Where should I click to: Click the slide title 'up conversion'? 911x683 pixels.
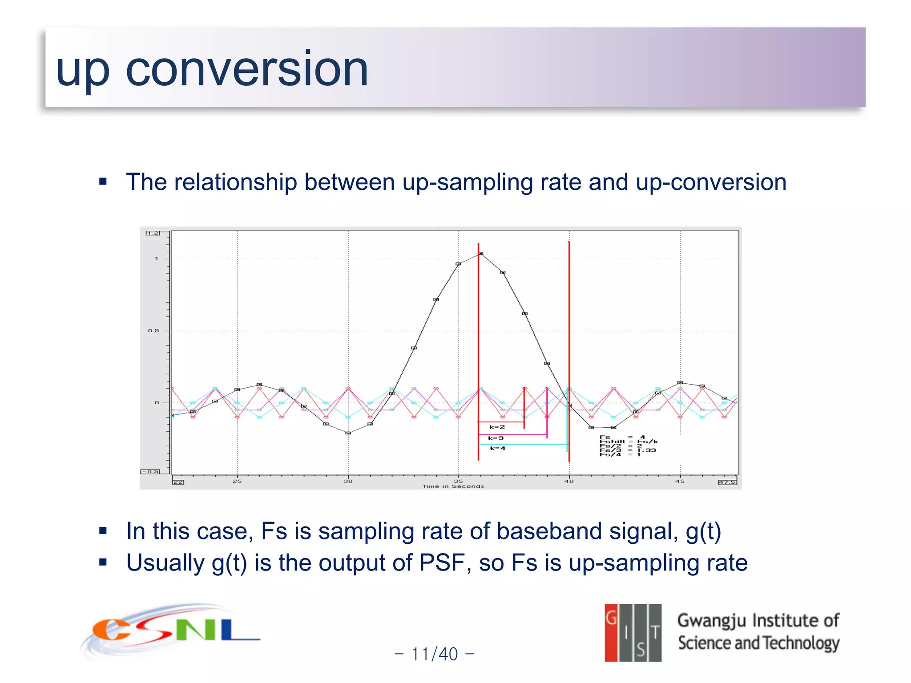[x=212, y=69]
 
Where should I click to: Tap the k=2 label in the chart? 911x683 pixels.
[x=497, y=427]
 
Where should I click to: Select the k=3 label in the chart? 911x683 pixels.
[x=496, y=438]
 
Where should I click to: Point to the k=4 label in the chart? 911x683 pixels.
[x=497, y=448]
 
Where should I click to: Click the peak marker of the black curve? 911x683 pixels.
[x=480, y=253]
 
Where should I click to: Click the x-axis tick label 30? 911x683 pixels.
[x=348, y=481]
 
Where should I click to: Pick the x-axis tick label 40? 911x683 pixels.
[x=569, y=481]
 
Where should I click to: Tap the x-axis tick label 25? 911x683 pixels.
[x=237, y=481]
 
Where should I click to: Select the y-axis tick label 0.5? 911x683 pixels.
[x=153, y=331]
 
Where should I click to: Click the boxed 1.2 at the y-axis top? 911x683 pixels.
[x=153, y=233]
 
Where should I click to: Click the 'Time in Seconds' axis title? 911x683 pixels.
[x=453, y=486]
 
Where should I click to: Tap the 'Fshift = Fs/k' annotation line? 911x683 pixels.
[x=628, y=442]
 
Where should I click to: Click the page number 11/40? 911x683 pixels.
[x=434, y=654]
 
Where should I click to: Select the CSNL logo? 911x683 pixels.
[x=171, y=631]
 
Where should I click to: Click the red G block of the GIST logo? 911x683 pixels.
[x=611, y=632]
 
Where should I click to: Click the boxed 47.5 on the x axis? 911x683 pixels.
[x=727, y=482]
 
